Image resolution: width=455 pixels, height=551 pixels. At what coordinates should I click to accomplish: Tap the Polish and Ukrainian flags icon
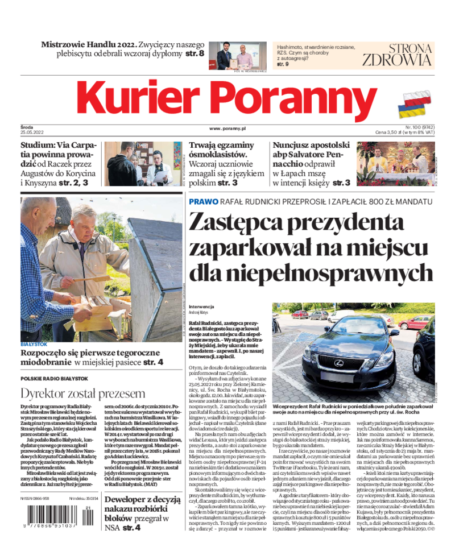(x=416, y=103)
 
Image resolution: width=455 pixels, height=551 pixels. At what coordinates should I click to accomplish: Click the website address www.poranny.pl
(x=227, y=129)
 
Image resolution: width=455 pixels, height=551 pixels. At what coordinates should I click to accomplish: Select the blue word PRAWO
(x=204, y=202)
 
